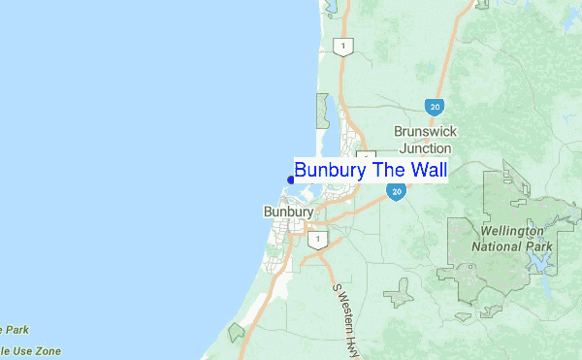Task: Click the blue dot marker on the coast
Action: pos(291,180)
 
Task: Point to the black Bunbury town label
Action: pos(288,212)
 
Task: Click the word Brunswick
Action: pos(425,131)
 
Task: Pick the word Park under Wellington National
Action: pos(540,246)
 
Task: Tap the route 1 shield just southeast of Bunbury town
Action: pos(314,239)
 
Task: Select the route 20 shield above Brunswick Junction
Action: pos(433,105)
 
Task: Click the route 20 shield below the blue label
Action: pos(396,192)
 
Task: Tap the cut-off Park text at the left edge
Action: pos(12,329)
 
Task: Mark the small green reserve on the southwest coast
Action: pos(236,333)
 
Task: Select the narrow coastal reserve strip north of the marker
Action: pos(322,112)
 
